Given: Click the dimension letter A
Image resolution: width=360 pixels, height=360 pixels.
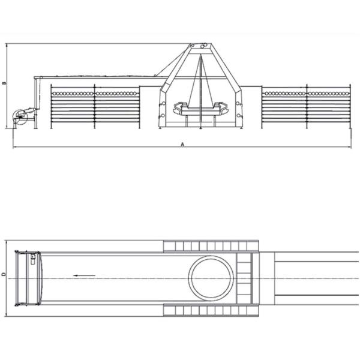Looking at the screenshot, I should point(182,145).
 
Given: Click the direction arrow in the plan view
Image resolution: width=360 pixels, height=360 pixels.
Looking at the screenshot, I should point(85,275).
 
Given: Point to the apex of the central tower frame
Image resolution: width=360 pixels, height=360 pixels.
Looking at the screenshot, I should point(199,46).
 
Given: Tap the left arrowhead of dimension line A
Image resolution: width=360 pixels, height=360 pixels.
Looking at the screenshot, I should point(15,147).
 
